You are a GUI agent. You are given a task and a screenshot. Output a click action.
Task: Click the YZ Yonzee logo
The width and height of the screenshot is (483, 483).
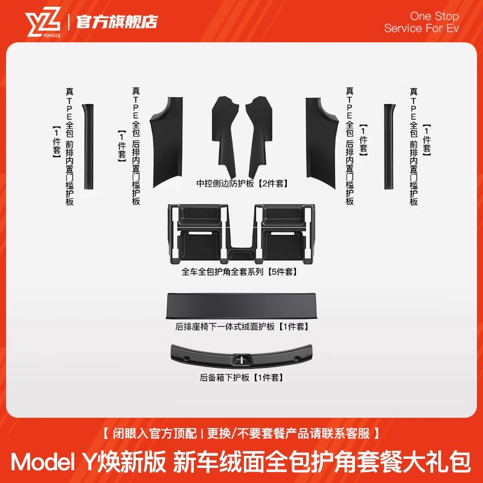[43, 22]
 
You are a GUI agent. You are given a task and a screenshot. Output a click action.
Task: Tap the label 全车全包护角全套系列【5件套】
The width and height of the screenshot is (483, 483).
[241, 272]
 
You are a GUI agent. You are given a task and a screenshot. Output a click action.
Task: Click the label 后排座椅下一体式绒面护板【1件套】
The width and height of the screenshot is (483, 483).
[242, 327]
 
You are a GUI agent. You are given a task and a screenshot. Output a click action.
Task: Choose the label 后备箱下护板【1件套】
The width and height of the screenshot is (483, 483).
[241, 378]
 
